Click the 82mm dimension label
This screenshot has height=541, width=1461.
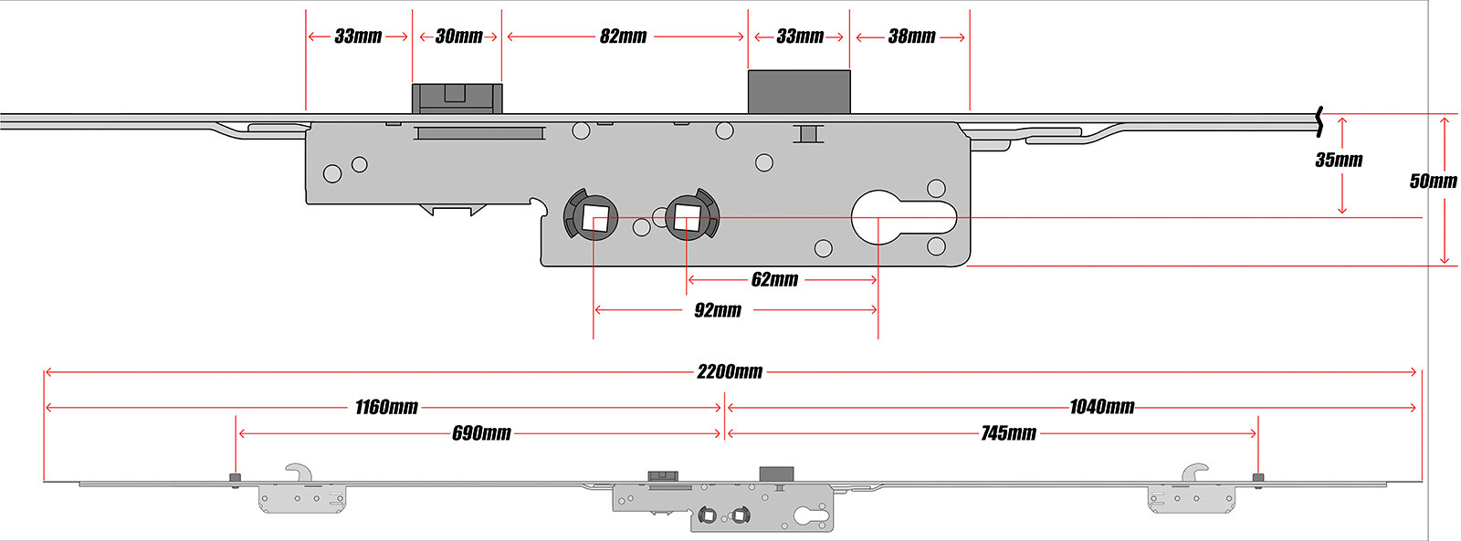623,36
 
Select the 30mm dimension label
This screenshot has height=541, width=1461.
458,36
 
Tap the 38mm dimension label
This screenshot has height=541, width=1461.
911,36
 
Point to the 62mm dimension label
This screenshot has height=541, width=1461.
774,279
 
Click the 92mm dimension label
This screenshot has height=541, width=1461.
718,310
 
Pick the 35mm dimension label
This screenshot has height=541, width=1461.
1339,160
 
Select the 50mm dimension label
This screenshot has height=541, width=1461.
1433,181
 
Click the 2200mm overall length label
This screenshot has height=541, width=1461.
730,371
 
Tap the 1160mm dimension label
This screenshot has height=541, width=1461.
386,407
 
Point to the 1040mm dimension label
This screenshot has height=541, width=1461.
1101,407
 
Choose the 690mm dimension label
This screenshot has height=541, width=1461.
481,433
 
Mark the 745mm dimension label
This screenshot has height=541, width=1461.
1008,433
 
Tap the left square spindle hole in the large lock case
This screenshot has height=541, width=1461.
594,218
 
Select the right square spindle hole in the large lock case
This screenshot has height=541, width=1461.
687,216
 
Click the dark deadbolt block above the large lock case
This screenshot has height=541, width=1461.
799,91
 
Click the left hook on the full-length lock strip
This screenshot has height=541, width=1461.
299,472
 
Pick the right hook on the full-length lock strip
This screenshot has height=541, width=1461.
1195,472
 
